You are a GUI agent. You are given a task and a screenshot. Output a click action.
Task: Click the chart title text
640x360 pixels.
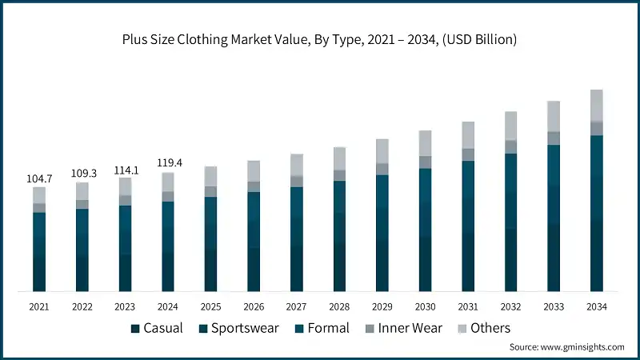click(x=319, y=39)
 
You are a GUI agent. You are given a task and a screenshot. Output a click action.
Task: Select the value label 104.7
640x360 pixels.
click(x=39, y=179)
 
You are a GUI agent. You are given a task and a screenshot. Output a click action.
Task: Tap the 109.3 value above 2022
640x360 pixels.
click(x=82, y=173)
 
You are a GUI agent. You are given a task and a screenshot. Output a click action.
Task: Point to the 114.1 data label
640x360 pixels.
click(x=125, y=169)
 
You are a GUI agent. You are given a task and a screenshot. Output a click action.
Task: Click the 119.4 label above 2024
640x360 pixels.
click(x=168, y=163)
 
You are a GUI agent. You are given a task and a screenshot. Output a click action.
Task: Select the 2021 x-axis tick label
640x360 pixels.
click(x=39, y=307)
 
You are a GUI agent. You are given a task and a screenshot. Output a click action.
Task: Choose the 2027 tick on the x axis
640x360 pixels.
click(x=297, y=307)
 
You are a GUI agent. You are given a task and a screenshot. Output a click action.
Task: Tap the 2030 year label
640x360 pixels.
click(x=425, y=307)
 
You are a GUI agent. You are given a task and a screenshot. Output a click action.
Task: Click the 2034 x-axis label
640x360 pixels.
click(x=596, y=307)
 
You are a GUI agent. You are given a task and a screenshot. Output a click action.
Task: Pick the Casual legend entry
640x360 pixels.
click(x=158, y=328)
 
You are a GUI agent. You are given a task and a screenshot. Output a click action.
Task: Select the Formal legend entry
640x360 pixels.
click(x=322, y=328)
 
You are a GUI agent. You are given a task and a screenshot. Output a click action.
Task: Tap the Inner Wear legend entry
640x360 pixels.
click(x=403, y=328)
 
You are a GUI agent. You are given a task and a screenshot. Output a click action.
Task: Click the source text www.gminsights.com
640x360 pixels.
click(x=566, y=346)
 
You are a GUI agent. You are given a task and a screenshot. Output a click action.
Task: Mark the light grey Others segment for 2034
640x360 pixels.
click(x=596, y=105)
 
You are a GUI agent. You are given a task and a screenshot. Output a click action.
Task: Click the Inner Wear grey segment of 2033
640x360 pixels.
click(x=554, y=138)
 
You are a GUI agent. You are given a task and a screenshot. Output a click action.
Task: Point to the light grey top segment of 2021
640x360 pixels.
click(x=39, y=195)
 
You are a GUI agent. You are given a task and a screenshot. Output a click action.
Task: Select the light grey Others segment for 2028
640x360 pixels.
click(x=339, y=158)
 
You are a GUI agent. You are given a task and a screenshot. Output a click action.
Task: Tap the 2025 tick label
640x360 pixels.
click(x=211, y=307)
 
